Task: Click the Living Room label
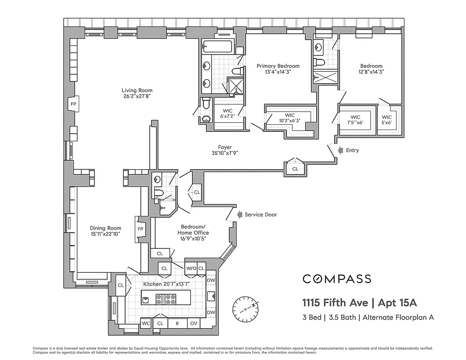[137, 90]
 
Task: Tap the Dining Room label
[106, 228]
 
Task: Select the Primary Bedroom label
[278, 66]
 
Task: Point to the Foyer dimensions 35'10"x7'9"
[225, 153]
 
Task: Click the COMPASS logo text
[336, 279]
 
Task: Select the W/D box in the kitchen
[191, 269]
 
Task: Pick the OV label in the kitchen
[194, 323]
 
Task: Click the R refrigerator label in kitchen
[177, 323]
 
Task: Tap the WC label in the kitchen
[146, 323]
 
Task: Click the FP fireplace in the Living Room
[73, 104]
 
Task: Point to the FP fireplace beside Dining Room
[140, 229]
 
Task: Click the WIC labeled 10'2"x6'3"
[290, 118]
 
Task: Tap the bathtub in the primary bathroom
[217, 46]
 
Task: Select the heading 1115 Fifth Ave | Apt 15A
[356, 301]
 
